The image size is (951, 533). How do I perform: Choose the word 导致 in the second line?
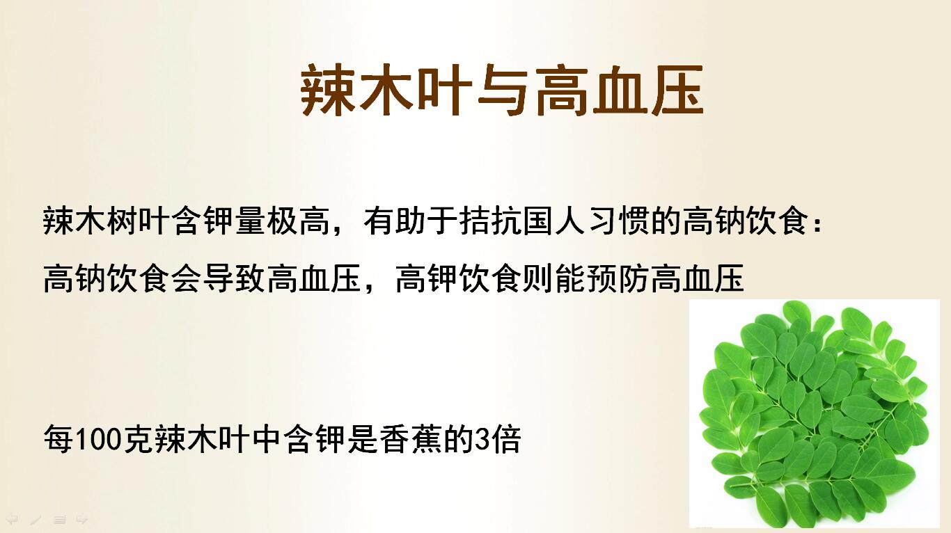[x=234, y=278]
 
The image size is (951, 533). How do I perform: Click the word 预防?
[x=619, y=278]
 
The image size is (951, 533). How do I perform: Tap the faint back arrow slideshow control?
[x=12, y=519]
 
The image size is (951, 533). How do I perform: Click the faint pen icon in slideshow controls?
[x=36, y=520]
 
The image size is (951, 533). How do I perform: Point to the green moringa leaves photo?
[x=814, y=414]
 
